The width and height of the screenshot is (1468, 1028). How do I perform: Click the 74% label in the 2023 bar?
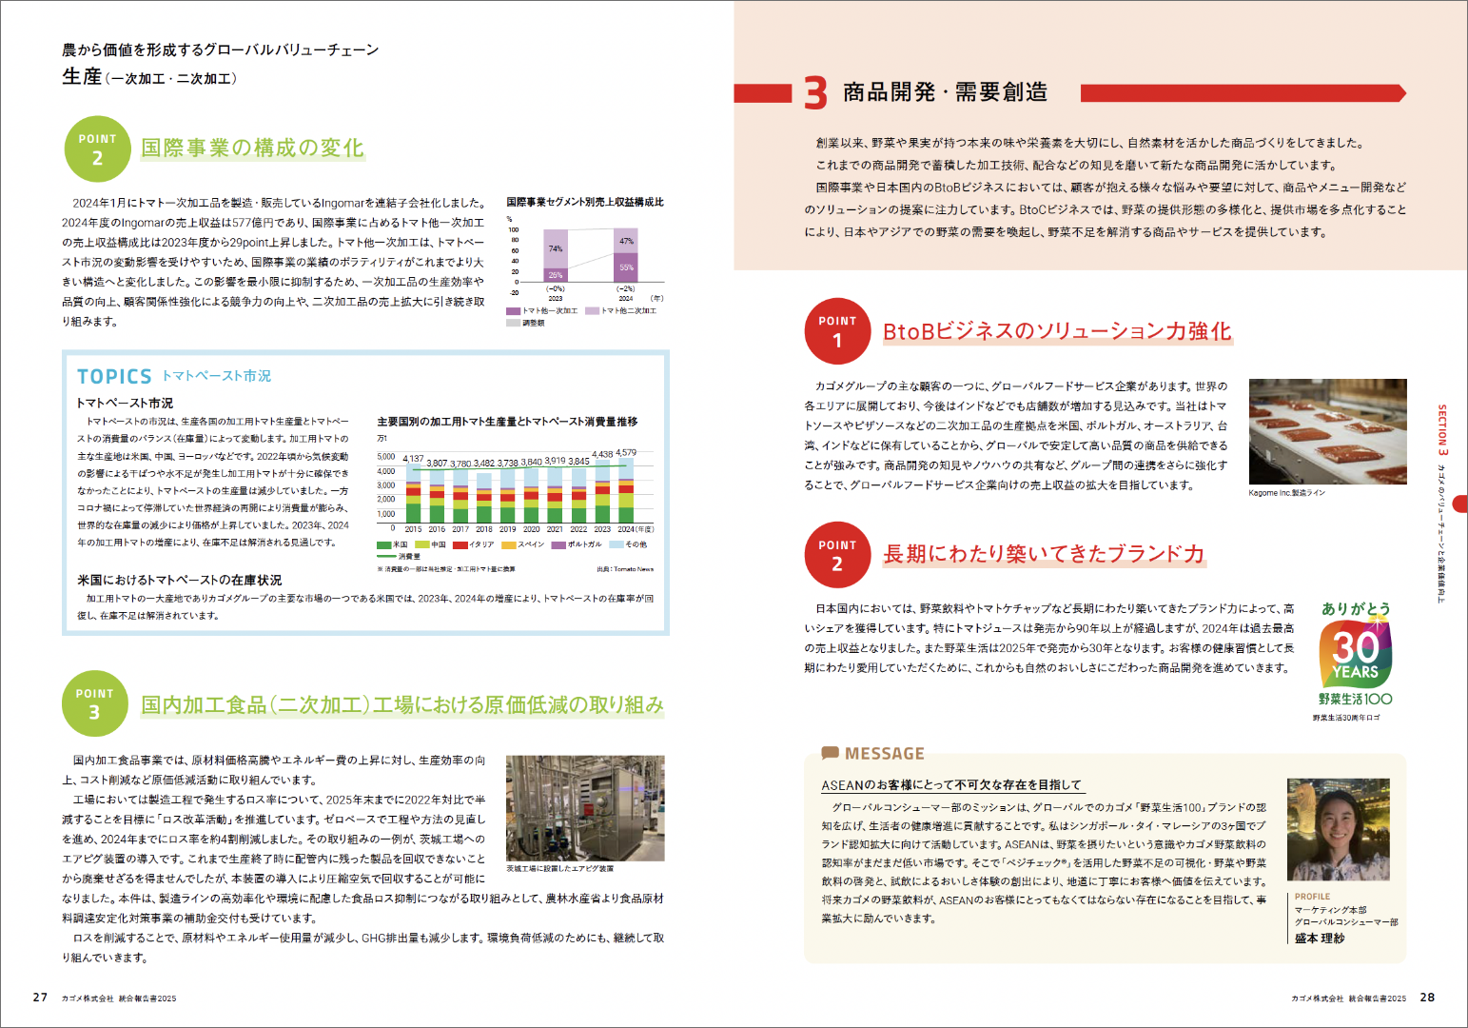[556, 248]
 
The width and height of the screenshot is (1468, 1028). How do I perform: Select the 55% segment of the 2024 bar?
[626, 267]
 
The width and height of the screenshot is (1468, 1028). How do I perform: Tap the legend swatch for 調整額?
[513, 323]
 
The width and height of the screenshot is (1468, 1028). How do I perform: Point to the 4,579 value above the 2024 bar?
[626, 453]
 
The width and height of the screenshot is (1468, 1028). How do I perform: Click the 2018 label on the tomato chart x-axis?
[484, 529]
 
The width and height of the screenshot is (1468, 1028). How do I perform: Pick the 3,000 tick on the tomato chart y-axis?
[386, 485]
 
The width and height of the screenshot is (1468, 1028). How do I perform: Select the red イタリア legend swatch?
[460, 545]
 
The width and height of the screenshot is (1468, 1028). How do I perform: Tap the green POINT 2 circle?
[97, 149]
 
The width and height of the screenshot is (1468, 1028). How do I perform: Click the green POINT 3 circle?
[94, 704]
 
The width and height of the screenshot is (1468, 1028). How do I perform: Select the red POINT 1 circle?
[837, 331]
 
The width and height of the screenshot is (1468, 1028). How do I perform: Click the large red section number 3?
[815, 93]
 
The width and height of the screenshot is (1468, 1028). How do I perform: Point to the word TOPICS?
[114, 377]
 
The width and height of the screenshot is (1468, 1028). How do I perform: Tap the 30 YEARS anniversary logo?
[1356, 653]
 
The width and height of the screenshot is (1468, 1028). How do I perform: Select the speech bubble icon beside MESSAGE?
[830, 753]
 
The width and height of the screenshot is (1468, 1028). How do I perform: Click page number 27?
[40, 998]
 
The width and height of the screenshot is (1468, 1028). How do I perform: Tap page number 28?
[1427, 998]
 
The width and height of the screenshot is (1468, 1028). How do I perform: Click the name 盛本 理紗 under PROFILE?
[1320, 939]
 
